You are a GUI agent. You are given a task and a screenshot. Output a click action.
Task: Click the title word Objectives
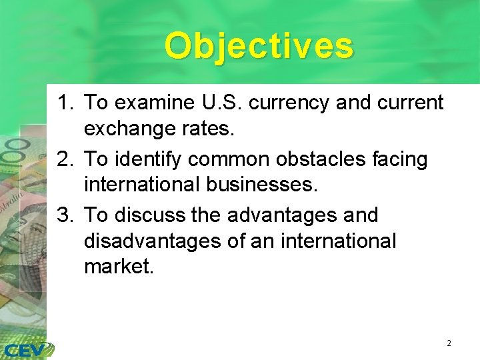click(x=259, y=46)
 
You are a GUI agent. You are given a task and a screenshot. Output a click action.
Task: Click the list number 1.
click(x=64, y=103)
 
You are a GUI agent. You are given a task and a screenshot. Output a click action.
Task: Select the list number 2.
click(x=64, y=159)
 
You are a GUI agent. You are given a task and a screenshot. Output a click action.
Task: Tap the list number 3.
click(x=64, y=215)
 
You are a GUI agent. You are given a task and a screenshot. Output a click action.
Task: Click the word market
click(x=119, y=267)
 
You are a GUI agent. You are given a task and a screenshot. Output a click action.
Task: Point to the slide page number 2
click(x=449, y=343)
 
